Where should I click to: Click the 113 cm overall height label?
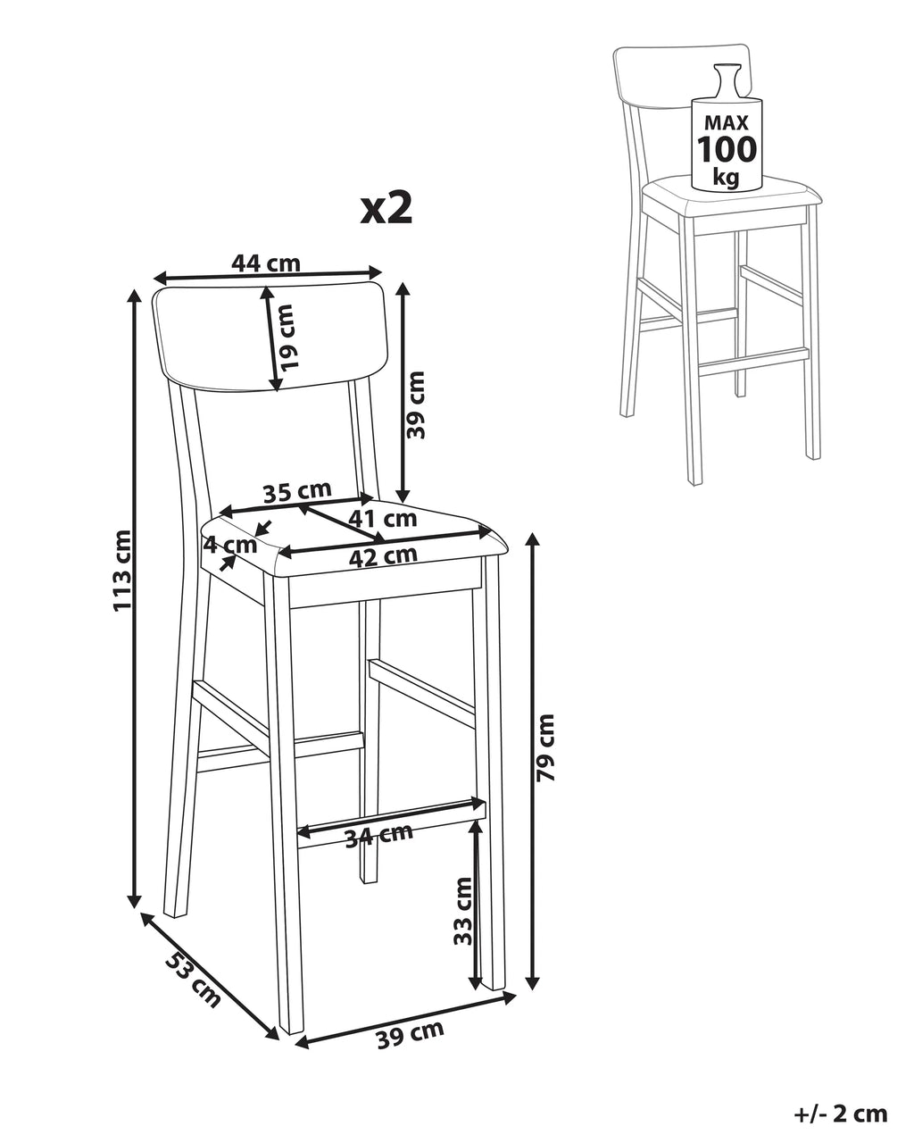click(x=122, y=571)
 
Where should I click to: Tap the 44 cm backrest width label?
click(x=266, y=263)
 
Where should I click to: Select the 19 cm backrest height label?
click(x=284, y=337)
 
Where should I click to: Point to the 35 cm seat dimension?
click(x=297, y=491)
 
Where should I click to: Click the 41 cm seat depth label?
click(x=382, y=518)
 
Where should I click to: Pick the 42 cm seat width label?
click(x=382, y=556)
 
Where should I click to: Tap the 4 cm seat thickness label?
click(x=230, y=545)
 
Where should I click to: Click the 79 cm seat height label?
click(x=545, y=747)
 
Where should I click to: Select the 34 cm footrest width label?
click(x=378, y=836)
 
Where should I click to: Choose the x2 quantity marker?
click(x=386, y=209)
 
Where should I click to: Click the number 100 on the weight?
click(x=727, y=149)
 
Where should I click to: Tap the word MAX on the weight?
click(x=727, y=122)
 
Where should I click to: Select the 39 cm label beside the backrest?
click(x=416, y=405)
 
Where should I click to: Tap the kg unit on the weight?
click(x=726, y=176)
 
